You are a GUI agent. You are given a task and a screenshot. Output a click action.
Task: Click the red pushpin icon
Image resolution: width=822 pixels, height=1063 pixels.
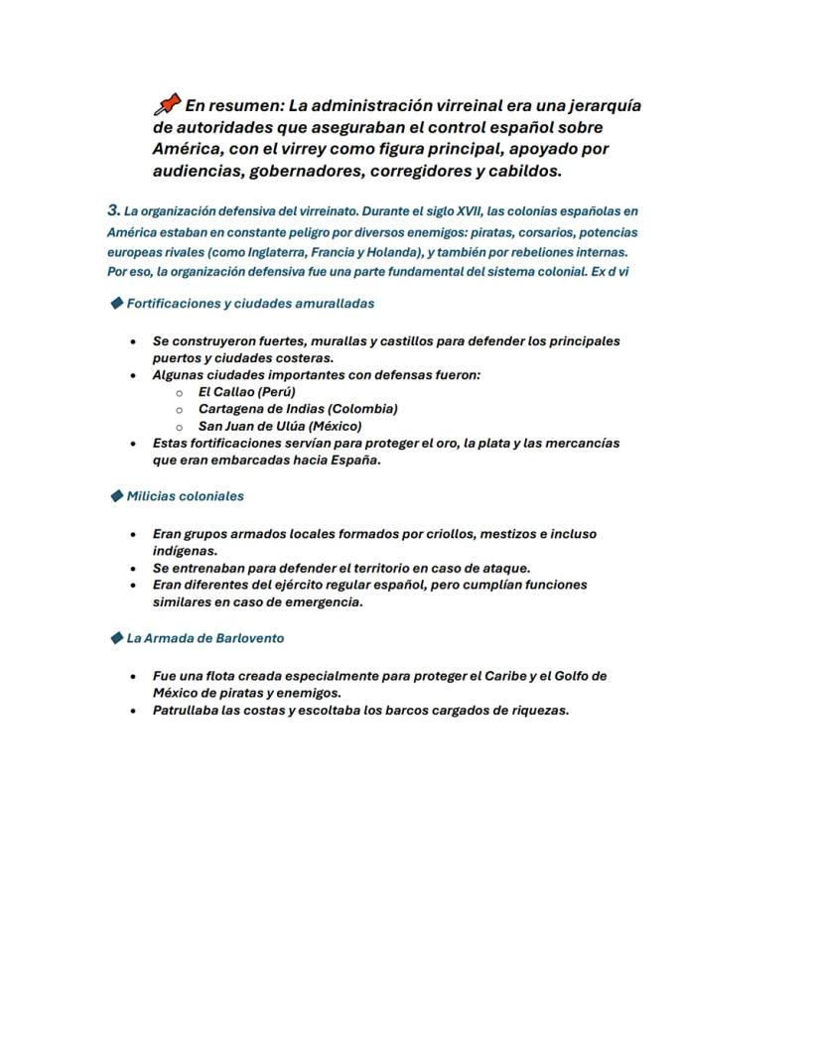[x=167, y=104]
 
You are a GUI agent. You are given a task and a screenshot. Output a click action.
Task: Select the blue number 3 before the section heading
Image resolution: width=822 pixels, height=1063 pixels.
[x=113, y=210]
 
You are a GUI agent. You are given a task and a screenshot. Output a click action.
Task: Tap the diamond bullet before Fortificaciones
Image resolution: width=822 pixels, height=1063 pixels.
[x=116, y=303]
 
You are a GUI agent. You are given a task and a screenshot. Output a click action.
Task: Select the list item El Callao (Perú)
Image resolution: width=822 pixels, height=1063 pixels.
[x=246, y=392]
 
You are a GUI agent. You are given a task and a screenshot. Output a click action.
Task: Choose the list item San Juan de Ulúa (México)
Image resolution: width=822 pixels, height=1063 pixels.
[x=279, y=426]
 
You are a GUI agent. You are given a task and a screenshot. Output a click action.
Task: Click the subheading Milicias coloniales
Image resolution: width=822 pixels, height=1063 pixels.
[x=185, y=496]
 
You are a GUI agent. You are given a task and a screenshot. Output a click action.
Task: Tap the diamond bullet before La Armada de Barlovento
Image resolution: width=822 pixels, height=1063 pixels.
[x=116, y=638]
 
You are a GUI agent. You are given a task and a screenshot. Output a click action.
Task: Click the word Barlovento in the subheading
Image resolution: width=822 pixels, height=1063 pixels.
[x=249, y=638]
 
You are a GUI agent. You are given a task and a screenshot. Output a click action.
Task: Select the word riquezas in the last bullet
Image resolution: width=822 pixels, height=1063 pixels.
[x=537, y=711]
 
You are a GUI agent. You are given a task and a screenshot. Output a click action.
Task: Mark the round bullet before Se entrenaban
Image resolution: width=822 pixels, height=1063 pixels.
[x=133, y=569]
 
